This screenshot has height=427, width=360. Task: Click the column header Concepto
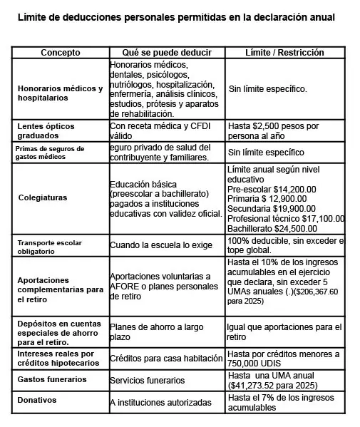pos(60,53)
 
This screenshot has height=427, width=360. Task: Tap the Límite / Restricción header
pos(284,53)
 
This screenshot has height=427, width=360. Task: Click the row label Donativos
pos(37,400)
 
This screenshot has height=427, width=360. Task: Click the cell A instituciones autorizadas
pos(160,403)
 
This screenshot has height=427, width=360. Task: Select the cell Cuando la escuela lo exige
pos(161,245)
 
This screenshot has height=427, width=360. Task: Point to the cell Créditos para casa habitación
pos(165,358)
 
